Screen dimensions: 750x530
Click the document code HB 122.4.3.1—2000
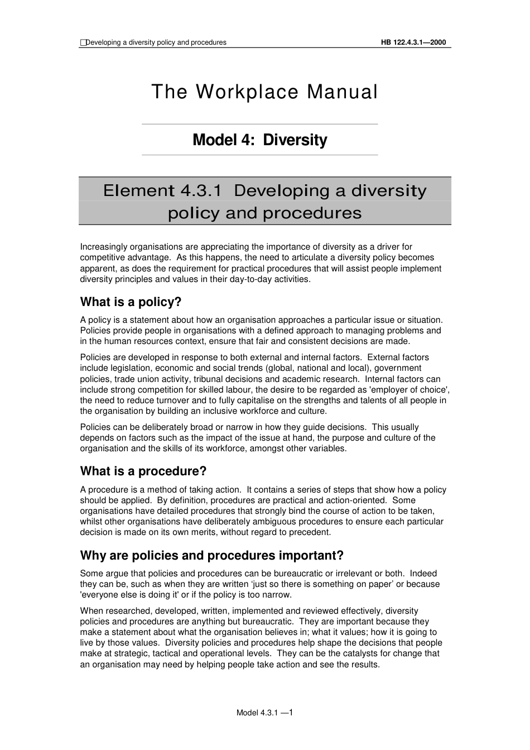[413, 42]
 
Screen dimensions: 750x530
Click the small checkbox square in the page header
[83, 42]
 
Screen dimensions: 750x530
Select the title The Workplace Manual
[264, 92]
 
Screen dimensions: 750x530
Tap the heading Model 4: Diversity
[259, 140]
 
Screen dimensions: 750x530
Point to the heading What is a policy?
[131, 302]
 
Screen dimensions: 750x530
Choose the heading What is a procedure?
[143, 471]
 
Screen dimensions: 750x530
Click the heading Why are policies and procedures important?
[212, 556]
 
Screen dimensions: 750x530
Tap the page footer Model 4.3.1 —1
[265, 713]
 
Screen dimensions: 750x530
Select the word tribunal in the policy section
[209, 379]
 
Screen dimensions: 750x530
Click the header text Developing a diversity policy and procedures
[156, 42]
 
